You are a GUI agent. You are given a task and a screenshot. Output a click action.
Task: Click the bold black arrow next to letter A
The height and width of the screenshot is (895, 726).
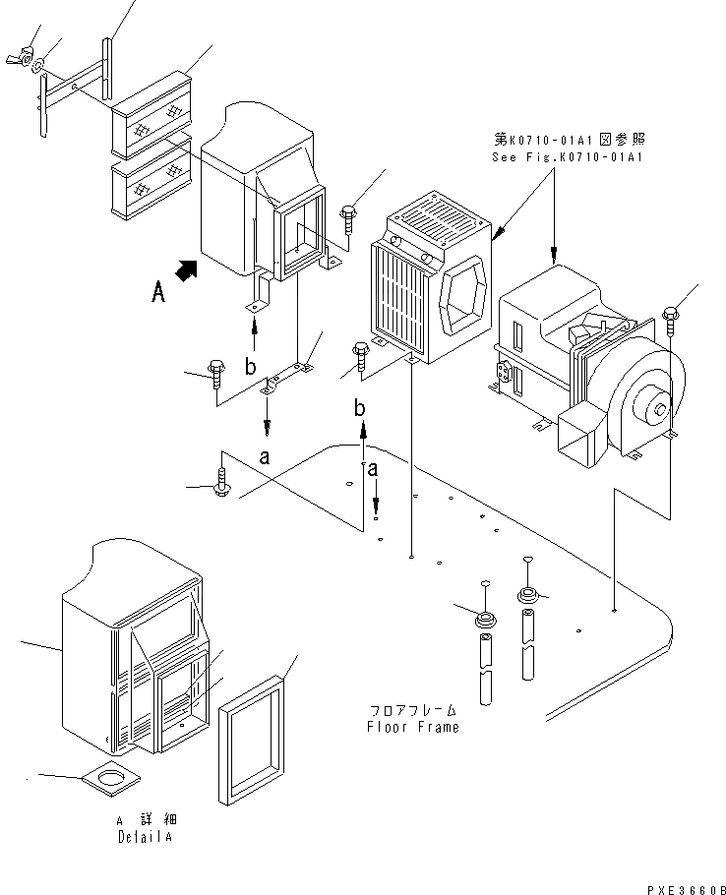click(x=186, y=270)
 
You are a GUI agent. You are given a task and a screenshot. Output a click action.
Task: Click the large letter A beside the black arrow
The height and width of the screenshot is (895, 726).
click(x=158, y=293)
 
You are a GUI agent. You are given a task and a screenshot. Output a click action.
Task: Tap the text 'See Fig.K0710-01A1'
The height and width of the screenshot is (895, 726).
click(x=568, y=157)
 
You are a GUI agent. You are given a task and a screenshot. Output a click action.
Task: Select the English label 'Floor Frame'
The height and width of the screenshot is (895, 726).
click(x=412, y=727)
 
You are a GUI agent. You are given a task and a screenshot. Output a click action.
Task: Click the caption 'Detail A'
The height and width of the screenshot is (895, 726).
click(x=145, y=837)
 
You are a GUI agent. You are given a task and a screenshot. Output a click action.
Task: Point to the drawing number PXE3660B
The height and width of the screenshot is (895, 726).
click(x=686, y=889)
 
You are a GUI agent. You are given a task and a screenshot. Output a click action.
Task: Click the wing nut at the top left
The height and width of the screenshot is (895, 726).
click(x=19, y=58)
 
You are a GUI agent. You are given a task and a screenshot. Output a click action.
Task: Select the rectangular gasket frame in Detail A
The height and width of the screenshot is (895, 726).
click(x=251, y=741)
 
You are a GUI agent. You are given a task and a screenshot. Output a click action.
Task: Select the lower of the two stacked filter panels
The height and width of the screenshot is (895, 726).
click(x=151, y=177)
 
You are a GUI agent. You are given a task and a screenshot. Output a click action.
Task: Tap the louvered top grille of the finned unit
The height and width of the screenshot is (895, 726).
click(x=439, y=218)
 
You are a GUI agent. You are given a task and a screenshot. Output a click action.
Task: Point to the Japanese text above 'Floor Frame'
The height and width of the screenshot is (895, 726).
click(x=412, y=711)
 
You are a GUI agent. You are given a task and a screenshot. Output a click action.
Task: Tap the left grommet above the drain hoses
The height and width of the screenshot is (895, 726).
click(x=485, y=619)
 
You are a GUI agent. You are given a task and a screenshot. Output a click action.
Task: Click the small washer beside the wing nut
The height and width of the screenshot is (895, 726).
click(x=38, y=66)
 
